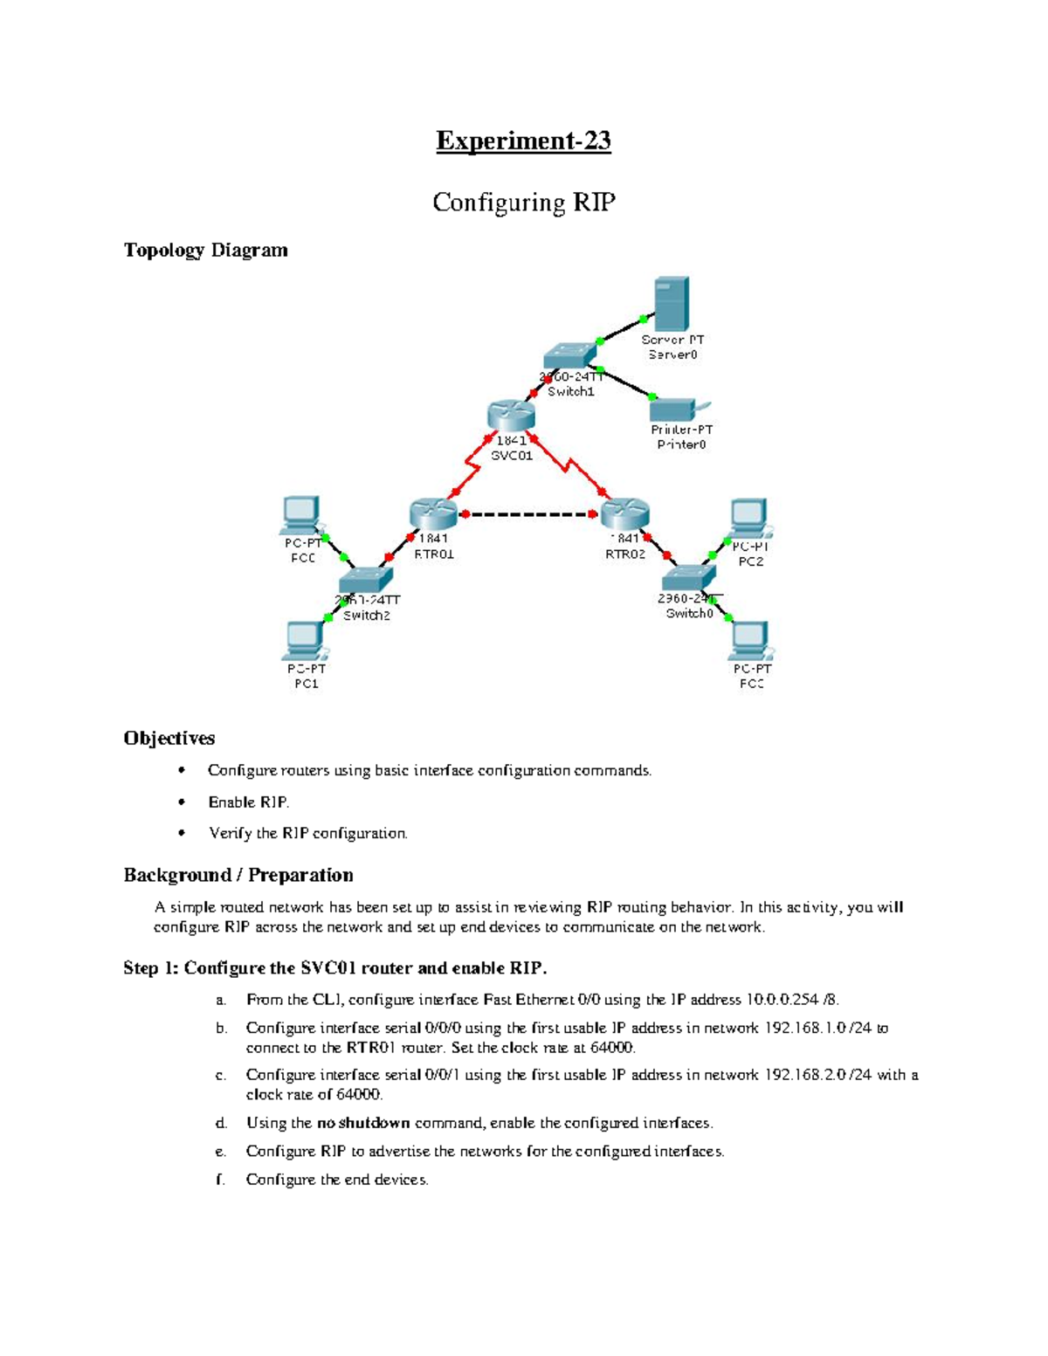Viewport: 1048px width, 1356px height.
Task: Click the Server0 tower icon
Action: [672, 303]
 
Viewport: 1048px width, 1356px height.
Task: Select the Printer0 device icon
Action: [677, 410]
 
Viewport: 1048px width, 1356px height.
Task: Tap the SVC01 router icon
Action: [511, 416]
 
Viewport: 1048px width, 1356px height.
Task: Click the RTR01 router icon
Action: [433, 514]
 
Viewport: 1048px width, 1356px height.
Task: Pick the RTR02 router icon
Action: [625, 513]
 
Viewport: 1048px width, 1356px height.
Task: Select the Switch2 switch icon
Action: [366, 579]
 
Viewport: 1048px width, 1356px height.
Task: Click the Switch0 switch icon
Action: [689, 577]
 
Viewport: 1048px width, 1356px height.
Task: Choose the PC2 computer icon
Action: [749, 518]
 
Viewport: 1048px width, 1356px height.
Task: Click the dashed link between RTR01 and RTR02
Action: [529, 514]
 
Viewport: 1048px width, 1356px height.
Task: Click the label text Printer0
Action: [681, 444]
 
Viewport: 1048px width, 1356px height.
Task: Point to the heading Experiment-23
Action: [523, 141]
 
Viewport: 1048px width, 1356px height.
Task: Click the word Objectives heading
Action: [169, 739]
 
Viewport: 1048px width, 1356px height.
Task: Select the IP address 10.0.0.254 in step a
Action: [783, 1000]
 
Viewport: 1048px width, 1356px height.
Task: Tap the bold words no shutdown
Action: [363, 1123]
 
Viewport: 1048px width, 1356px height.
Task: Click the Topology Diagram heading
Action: [205, 251]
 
